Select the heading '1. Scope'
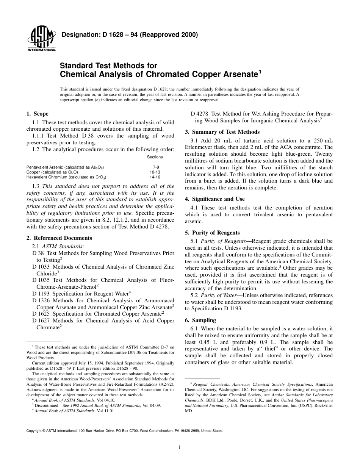point(37,114)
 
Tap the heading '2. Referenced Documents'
point(59,238)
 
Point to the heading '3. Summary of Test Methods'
point(222,132)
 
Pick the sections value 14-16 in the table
point(155,177)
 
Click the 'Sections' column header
point(155,157)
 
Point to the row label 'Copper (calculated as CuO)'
point(52,172)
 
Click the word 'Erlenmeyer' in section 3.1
point(200,147)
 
